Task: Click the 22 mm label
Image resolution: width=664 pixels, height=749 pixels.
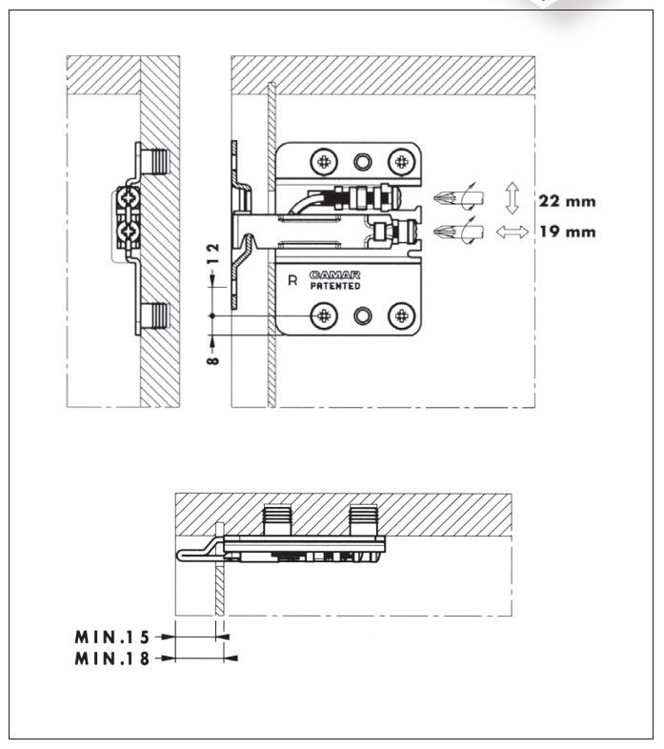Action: (x=568, y=201)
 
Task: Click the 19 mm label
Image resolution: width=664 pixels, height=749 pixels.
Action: (x=568, y=233)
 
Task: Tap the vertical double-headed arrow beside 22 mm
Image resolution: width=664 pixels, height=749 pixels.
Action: (x=512, y=198)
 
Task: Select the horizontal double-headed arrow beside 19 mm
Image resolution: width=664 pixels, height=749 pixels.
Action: (x=513, y=233)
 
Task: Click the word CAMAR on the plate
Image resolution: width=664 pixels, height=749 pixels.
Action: (x=335, y=275)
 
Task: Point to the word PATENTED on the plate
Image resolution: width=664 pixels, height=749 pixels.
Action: (x=335, y=286)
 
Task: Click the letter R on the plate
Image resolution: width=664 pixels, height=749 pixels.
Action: (x=292, y=280)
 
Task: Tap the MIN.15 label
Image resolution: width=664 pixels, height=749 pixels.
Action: (x=112, y=637)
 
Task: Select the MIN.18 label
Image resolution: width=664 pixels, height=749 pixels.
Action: (x=112, y=658)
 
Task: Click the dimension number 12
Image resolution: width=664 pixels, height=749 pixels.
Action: (x=213, y=253)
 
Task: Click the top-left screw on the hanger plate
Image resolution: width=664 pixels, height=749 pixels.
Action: (x=324, y=162)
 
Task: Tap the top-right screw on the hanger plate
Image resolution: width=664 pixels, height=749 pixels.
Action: (x=401, y=162)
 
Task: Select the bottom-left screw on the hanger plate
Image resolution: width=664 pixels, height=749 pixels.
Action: (x=324, y=315)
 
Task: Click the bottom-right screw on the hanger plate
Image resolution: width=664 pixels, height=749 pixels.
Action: (x=401, y=315)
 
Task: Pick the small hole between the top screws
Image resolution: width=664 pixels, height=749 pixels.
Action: (x=363, y=162)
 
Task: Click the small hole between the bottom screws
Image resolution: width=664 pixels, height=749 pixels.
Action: (x=363, y=315)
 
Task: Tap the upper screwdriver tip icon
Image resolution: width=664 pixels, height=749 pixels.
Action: (x=459, y=198)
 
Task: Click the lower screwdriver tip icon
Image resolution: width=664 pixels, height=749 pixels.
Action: (x=459, y=233)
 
